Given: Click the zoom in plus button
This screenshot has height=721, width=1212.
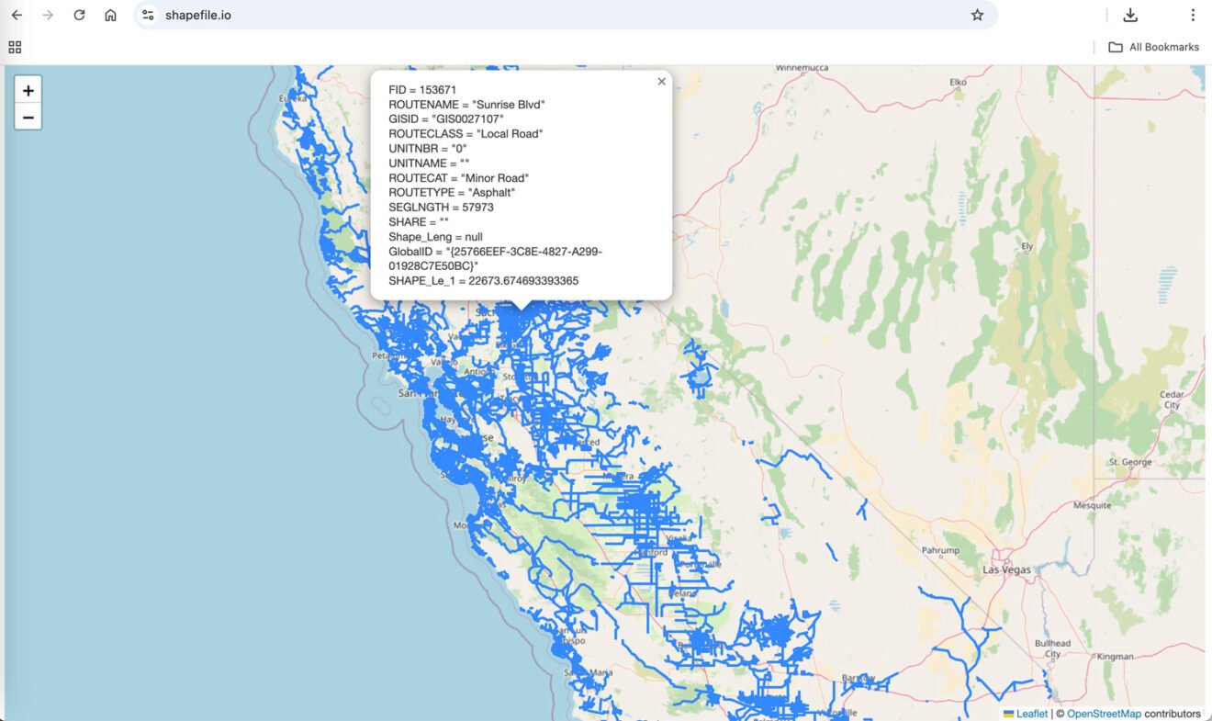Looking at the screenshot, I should [28, 90].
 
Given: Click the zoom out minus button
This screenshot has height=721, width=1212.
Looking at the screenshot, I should [28, 118].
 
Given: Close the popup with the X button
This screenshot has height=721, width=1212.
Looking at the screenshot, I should [661, 82].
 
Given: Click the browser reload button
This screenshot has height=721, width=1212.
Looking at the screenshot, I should [79, 15].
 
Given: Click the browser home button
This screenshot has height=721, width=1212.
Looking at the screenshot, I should [110, 15].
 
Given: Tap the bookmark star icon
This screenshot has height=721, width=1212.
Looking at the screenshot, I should [977, 15].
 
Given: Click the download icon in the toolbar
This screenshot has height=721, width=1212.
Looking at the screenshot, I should [1130, 15].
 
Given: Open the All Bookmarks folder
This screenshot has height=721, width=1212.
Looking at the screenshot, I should [1154, 47].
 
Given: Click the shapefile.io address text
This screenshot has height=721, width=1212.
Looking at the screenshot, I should [197, 15].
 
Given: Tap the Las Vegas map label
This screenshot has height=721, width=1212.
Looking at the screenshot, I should [1007, 569].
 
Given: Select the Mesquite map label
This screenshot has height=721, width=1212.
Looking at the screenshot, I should [1092, 505].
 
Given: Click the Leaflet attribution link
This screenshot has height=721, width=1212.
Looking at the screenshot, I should [1032, 714].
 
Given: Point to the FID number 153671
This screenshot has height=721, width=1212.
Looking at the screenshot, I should [438, 90].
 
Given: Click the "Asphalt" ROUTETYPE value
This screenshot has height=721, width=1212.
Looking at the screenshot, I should [491, 193].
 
